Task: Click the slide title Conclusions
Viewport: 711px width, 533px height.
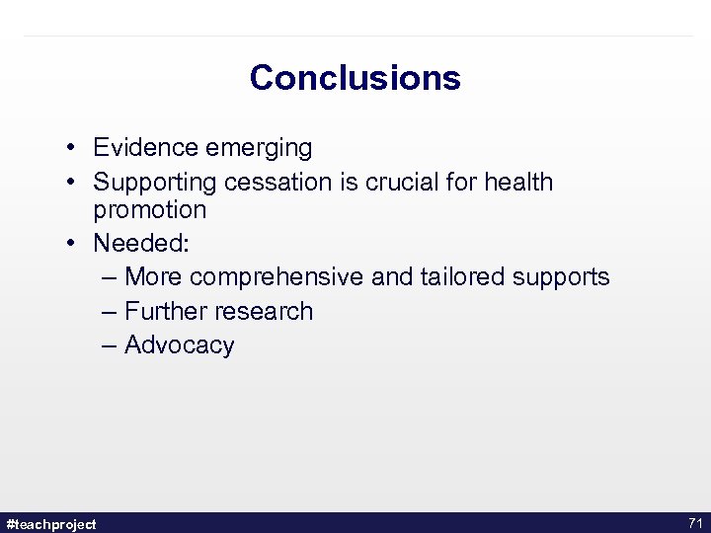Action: pos(355,78)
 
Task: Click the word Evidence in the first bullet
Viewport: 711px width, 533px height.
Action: pos(145,148)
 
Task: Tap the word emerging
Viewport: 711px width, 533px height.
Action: pos(258,149)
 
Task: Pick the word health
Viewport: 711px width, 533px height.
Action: pos(518,183)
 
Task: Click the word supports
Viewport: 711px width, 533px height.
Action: pos(561,278)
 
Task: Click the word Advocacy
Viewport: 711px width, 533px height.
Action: pos(180,345)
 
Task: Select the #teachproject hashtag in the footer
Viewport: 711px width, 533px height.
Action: pos(51,524)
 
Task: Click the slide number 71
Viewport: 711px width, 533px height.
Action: pos(694,523)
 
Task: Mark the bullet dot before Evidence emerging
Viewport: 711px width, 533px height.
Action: pos(74,149)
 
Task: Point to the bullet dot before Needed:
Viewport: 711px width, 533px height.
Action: pos(74,244)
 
